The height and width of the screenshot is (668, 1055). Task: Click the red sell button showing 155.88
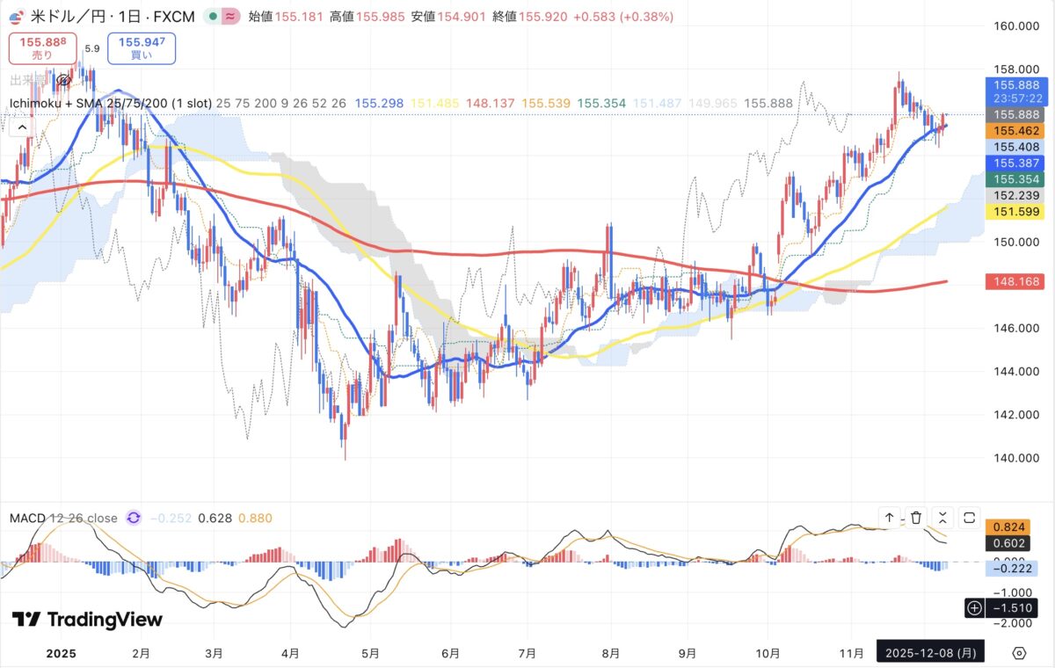[42, 47]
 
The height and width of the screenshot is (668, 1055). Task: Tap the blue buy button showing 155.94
[142, 47]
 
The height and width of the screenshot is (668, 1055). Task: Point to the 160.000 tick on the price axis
[1012, 26]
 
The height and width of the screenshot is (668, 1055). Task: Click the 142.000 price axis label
[1012, 414]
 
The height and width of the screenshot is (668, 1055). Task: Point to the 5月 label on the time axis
[370, 653]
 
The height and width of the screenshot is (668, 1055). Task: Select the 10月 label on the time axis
[768, 653]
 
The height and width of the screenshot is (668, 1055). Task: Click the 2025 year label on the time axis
[62, 653]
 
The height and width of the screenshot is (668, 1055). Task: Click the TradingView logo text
[88, 620]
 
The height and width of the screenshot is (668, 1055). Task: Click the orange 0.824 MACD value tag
[1011, 526]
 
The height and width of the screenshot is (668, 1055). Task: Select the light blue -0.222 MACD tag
[1011, 570]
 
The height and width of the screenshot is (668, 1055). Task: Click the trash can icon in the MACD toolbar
[916, 518]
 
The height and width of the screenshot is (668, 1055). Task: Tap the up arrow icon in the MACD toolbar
[889, 518]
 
